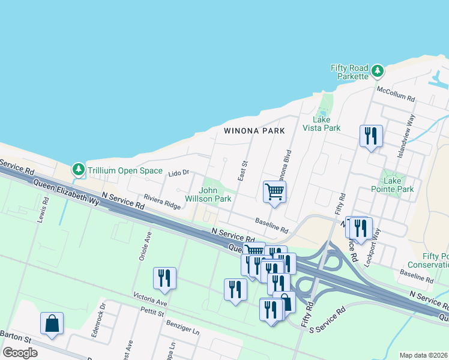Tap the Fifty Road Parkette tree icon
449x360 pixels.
tap(377, 72)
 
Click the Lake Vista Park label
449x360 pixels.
tap(322, 124)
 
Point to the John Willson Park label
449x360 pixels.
tap(215, 194)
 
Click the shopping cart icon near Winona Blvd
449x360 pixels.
tap(274, 192)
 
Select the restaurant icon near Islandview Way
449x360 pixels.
tap(370, 136)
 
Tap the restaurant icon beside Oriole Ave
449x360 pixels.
tap(164, 278)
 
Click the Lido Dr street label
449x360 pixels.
tap(178, 173)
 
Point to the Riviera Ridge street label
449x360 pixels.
tap(161, 201)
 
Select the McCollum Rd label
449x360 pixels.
tap(396, 94)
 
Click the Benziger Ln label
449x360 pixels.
tap(182, 326)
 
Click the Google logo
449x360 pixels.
tap(20, 353)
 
